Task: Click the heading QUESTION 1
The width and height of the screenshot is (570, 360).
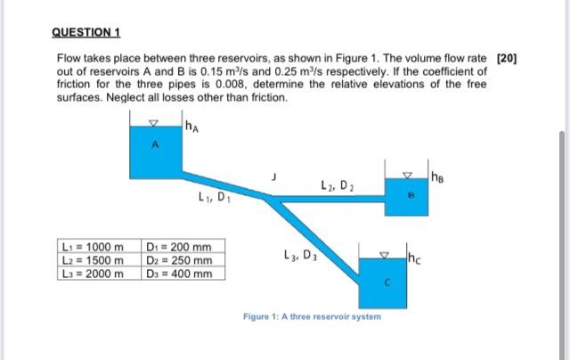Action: (87, 32)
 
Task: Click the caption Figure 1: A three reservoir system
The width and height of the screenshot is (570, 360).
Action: (312, 317)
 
